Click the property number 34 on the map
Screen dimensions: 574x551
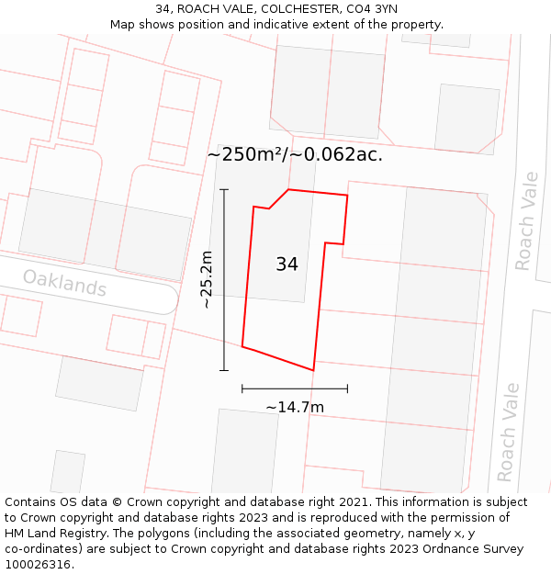(287, 264)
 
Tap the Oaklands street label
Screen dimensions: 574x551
(64, 283)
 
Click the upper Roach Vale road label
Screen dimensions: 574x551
(524, 221)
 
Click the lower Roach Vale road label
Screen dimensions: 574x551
(507, 433)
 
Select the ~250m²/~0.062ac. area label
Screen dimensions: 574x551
(295, 154)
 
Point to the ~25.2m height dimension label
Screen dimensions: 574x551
(207, 279)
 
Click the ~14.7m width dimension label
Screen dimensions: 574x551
(295, 407)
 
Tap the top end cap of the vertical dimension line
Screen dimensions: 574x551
(224, 189)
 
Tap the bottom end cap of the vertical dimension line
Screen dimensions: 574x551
(224, 370)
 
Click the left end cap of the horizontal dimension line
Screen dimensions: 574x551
(242, 388)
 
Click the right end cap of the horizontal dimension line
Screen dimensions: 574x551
(347, 388)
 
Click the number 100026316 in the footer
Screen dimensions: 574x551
(38, 565)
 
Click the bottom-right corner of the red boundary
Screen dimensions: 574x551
(313, 370)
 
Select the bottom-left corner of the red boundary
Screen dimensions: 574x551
(242, 346)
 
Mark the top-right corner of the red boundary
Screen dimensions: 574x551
(347, 196)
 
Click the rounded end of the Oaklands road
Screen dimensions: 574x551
(171, 298)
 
